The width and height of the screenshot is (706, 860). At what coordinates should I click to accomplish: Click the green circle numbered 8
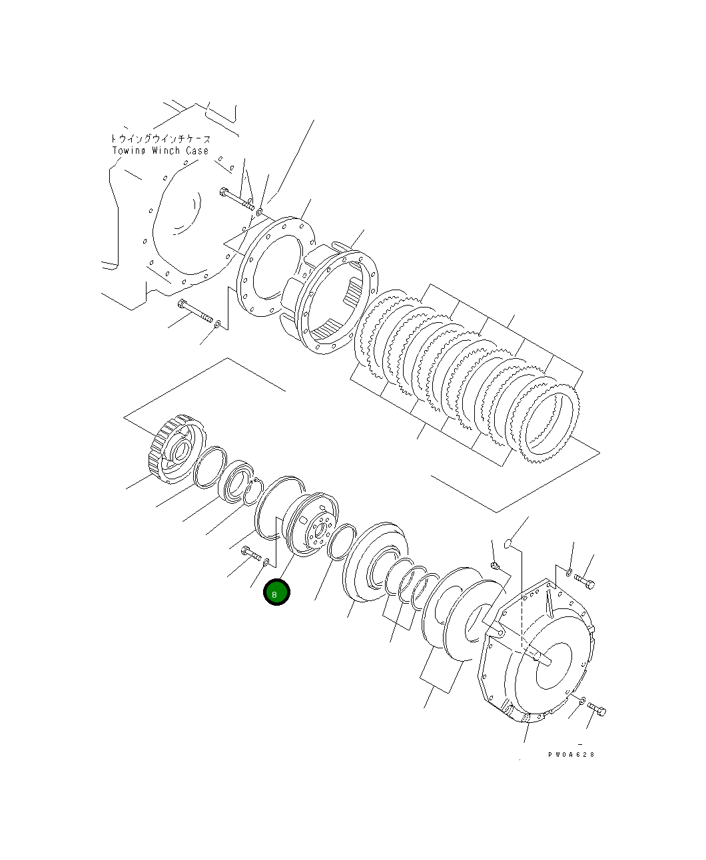276,592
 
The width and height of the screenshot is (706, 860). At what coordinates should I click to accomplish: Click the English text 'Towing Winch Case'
161,151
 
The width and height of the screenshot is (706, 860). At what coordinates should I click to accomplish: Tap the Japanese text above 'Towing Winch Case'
161,139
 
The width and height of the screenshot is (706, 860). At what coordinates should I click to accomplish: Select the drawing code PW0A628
571,755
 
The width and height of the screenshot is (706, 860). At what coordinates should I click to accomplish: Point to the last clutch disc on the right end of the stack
550,423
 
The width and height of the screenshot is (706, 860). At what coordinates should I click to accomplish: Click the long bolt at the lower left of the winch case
194,311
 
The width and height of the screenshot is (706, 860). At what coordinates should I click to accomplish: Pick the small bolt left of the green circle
250,553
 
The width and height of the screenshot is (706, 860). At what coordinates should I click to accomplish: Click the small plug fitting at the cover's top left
495,566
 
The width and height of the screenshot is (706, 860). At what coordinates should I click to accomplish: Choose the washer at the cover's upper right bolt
569,572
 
